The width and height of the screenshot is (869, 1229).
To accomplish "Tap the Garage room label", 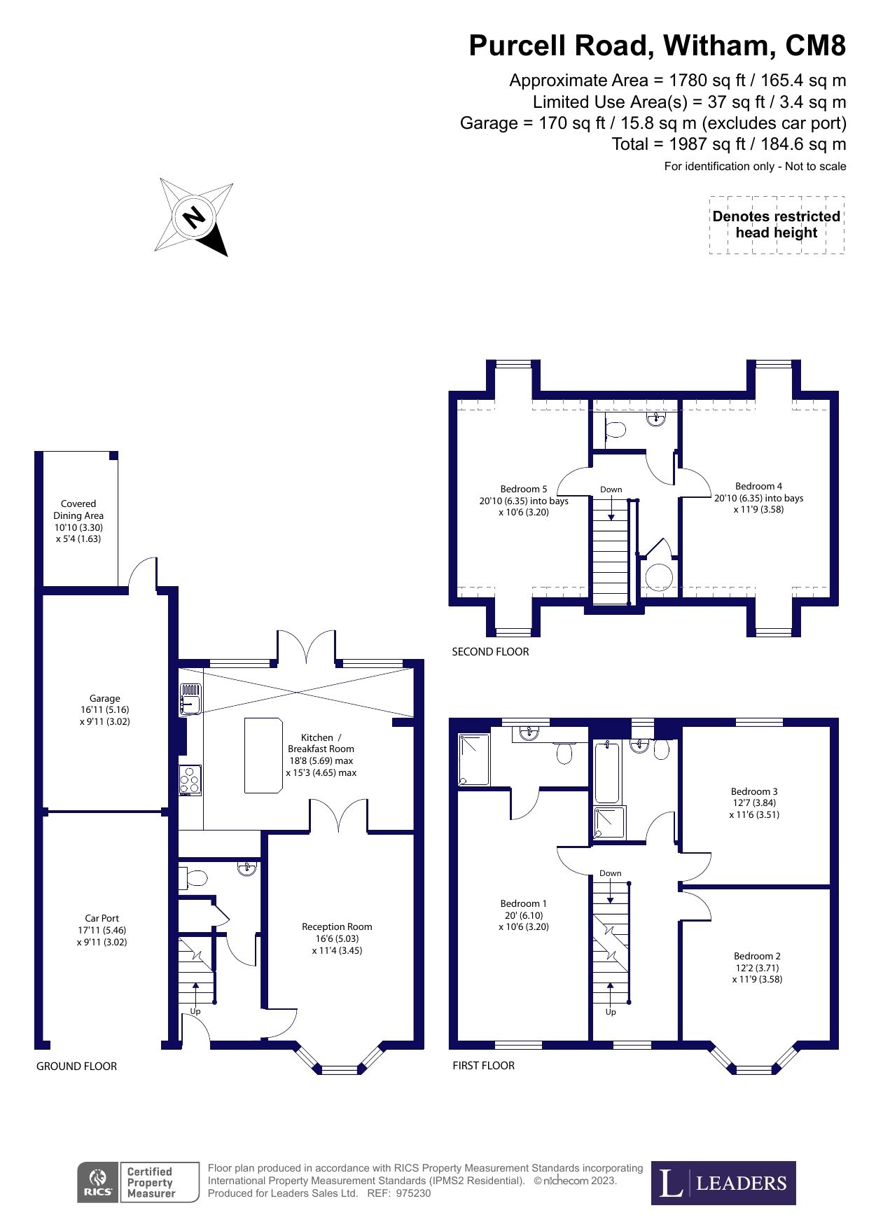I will pyautogui.click(x=104, y=709).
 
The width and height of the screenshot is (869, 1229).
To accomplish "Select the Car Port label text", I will pyautogui.click(x=102, y=929).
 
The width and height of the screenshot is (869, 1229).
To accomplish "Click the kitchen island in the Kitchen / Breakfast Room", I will pyautogui.click(x=263, y=755).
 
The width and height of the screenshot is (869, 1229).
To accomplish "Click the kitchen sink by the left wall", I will pyautogui.click(x=190, y=699).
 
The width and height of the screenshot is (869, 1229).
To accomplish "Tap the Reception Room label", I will pyautogui.click(x=337, y=938).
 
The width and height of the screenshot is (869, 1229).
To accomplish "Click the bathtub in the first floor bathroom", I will pyautogui.click(x=607, y=772).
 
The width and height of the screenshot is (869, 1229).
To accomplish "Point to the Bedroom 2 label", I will pyautogui.click(x=757, y=967).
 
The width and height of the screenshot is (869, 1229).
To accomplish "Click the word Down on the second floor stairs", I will pyautogui.click(x=611, y=489).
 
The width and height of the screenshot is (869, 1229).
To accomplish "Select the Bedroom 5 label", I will pyautogui.click(x=524, y=500).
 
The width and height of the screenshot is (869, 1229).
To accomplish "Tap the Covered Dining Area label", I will pyautogui.click(x=78, y=521).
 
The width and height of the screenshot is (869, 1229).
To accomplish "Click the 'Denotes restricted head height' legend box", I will pyautogui.click(x=776, y=225).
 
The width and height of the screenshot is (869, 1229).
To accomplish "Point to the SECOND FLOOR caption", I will pyautogui.click(x=490, y=651).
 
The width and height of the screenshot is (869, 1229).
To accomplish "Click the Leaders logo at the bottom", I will pyautogui.click(x=723, y=1183).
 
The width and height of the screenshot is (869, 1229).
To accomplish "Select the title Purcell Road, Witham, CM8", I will pyautogui.click(x=657, y=46).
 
